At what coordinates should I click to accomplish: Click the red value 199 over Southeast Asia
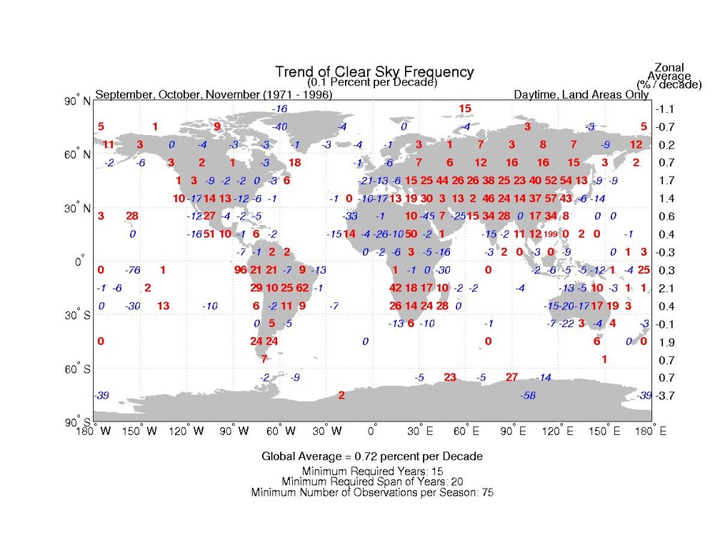coord(550,234)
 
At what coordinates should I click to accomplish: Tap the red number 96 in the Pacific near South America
coord(240,270)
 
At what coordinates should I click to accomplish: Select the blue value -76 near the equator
coord(131,270)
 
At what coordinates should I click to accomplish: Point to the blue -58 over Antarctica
coord(529,395)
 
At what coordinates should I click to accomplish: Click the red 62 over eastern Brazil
coord(302,288)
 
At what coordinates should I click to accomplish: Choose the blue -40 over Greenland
coord(280,126)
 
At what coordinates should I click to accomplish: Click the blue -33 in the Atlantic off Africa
coord(350,216)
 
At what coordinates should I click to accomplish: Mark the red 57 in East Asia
coord(551,198)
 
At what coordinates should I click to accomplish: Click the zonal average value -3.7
coord(664,396)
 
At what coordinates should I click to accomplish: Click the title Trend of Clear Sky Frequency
coord(374,72)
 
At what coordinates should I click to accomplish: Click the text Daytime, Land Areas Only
coord(581,94)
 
